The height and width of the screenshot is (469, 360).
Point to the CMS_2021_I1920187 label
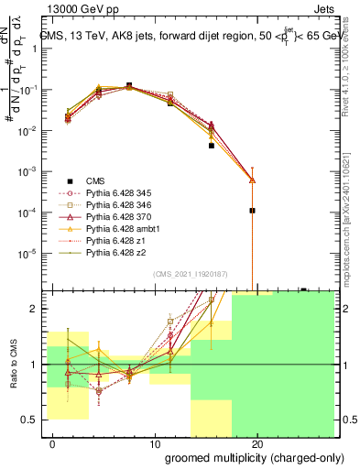pyautogui.click(x=190, y=274)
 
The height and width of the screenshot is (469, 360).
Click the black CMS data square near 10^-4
pyautogui.click(x=252, y=211)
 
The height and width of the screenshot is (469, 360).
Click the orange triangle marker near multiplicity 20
pyautogui.click(x=252, y=180)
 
